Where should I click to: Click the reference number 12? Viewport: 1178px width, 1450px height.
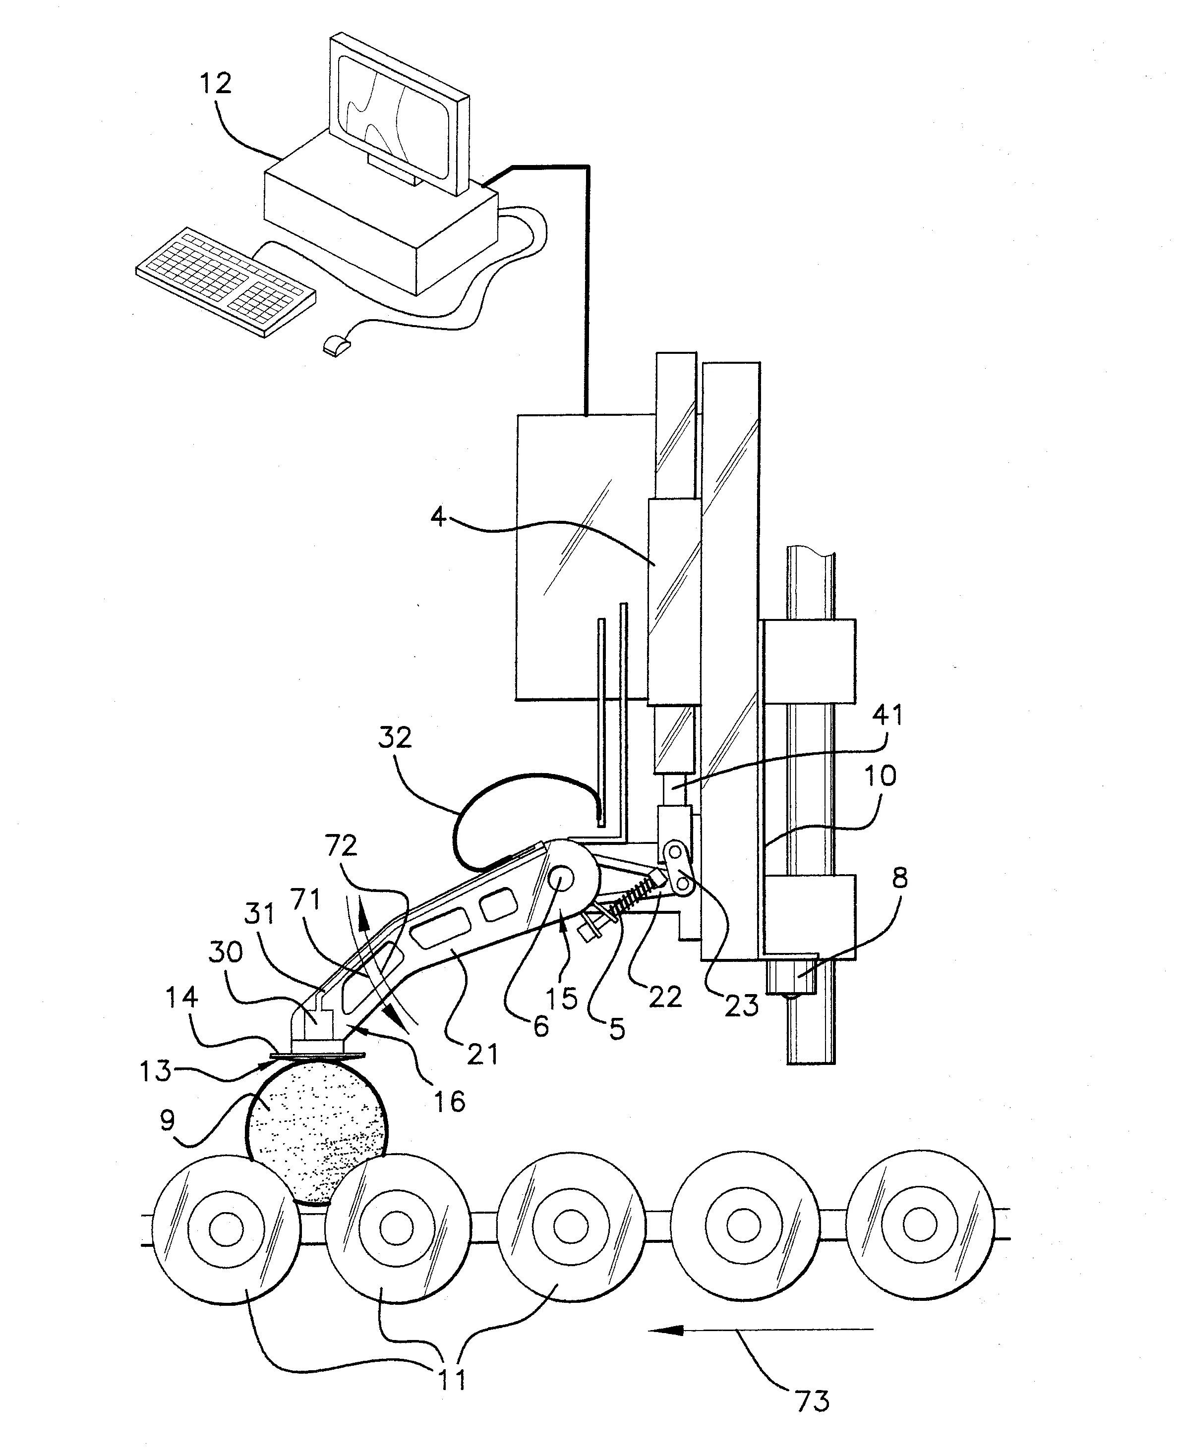pos(216,83)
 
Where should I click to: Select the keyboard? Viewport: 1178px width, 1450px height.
pos(226,281)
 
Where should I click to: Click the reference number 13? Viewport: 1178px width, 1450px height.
pos(155,1071)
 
